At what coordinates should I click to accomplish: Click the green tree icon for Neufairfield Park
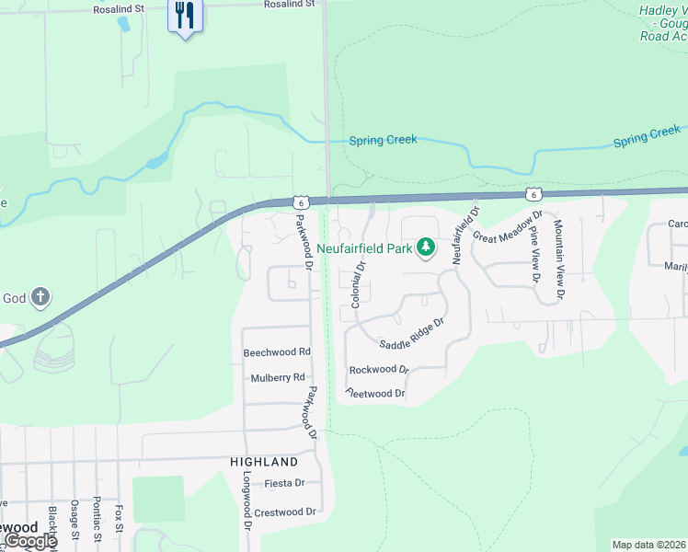coord(425,247)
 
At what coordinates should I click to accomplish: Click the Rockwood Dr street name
coord(379,370)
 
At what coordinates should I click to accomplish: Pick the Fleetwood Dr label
coord(375,393)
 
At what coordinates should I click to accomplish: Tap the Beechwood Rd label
coord(277,352)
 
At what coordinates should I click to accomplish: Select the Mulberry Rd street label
coord(277,378)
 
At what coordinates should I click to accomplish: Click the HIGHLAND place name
coord(264,462)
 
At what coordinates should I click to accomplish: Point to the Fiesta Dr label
coord(284,483)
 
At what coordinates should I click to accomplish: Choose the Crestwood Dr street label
coord(285,512)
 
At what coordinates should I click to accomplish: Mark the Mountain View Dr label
coord(558,259)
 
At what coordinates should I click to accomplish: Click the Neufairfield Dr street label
coord(465,235)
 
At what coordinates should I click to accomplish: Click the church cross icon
coord(40,297)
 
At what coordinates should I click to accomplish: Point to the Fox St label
coord(119,521)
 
